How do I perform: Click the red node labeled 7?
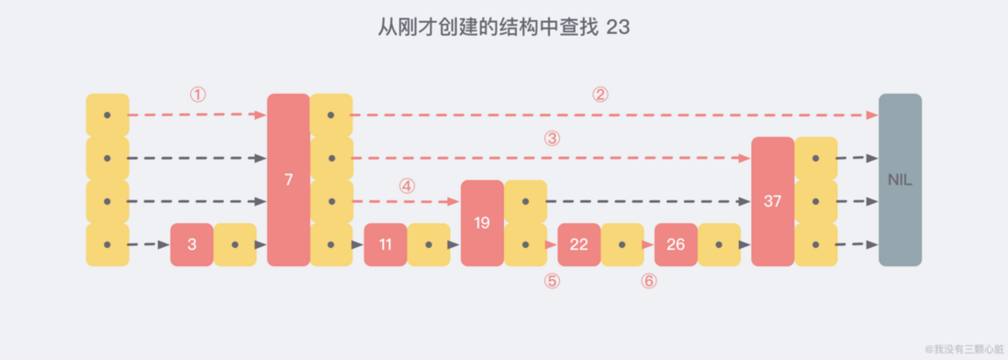click(288, 180)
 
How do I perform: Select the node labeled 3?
click(191, 245)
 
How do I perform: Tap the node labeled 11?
click(386, 245)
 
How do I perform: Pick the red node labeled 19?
click(482, 223)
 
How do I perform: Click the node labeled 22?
click(578, 245)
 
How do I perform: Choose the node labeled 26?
click(676, 245)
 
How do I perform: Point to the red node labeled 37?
click(772, 201)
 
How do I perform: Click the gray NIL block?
click(899, 180)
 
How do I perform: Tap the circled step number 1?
click(197, 95)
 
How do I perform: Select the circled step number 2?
click(599, 95)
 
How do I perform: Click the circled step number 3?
click(551, 139)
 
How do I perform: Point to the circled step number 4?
click(407, 185)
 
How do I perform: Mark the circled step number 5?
click(551, 282)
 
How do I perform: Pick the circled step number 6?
click(648, 282)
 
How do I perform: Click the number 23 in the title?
click(617, 28)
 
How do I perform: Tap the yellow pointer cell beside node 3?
click(236, 245)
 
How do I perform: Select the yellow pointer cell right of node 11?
click(429, 245)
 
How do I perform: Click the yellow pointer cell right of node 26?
click(720, 245)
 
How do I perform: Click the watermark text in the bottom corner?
click(963, 349)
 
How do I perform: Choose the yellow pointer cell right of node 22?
click(622, 245)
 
